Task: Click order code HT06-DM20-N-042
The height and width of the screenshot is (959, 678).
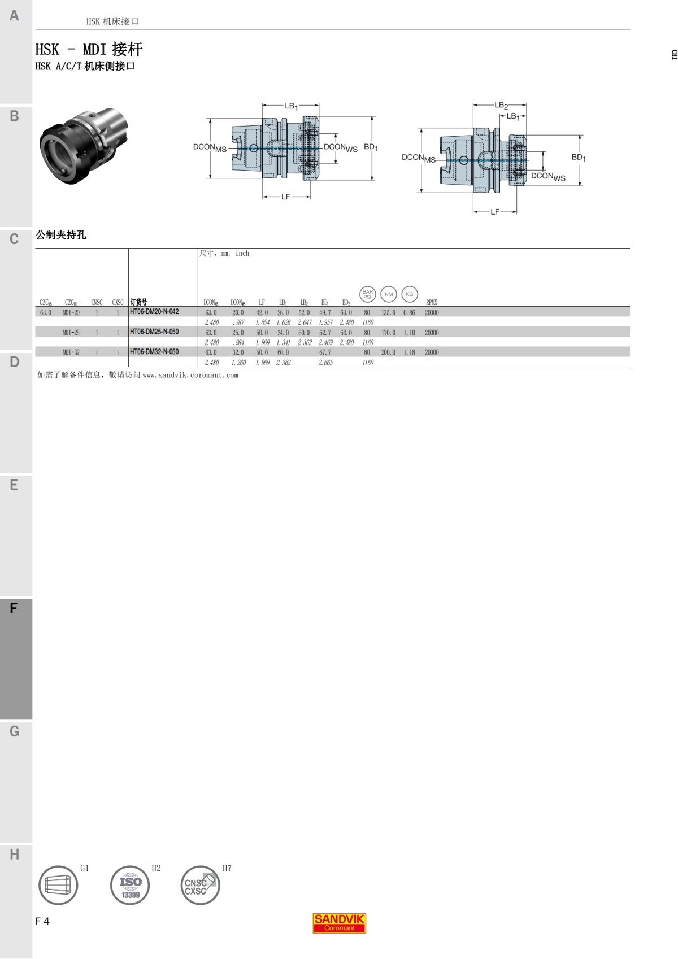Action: click(x=154, y=312)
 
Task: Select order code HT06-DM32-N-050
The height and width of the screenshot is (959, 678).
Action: click(x=154, y=352)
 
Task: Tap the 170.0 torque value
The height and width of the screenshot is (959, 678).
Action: click(x=388, y=333)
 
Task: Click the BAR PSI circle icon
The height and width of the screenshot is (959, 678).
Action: click(x=368, y=294)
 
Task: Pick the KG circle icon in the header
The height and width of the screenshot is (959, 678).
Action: click(x=409, y=294)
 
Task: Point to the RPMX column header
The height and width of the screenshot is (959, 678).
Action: click(x=431, y=303)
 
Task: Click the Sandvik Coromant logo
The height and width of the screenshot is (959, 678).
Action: click(x=340, y=923)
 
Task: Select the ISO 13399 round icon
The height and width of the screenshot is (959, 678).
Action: click(x=130, y=885)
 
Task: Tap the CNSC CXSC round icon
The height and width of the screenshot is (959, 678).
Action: click(x=199, y=885)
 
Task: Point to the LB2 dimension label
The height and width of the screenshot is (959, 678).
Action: click(x=501, y=105)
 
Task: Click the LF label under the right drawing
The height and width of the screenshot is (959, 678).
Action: click(x=495, y=212)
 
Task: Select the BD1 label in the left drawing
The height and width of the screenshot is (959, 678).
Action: click(x=371, y=147)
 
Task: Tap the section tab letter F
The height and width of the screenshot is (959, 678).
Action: click(x=14, y=608)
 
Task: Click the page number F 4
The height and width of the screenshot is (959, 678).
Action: click(x=42, y=921)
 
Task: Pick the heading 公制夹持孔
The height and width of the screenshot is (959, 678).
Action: click(x=61, y=235)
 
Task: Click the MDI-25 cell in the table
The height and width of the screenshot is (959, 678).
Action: click(x=71, y=333)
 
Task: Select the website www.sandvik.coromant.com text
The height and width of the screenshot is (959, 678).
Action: click(x=190, y=375)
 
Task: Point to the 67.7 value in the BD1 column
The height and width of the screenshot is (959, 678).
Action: click(x=325, y=352)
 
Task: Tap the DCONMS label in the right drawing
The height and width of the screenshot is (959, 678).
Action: click(x=419, y=158)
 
